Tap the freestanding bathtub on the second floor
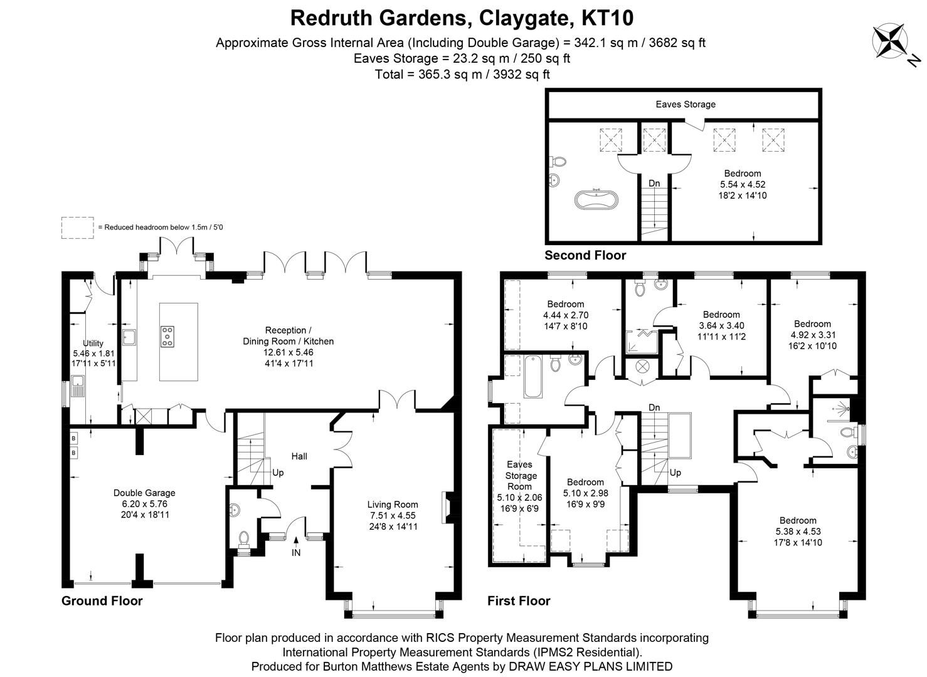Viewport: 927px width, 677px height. pyautogui.click(x=596, y=201)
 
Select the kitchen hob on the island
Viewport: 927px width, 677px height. pyautogui.click(x=167, y=337)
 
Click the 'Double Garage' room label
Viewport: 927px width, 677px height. pyautogui.click(x=144, y=493)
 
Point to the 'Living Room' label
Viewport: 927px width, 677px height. pyautogui.click(x=393, y=504)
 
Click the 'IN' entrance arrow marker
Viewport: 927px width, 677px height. pyautogui.click(x=296, y=547)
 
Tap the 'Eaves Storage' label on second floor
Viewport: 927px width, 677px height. pyautogui.click(x=686, y=104)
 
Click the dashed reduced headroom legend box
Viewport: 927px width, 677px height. pyautogui.click(x=77, y=228)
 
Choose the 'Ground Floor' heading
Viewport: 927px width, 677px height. pyautogui.click(x=102, y=601)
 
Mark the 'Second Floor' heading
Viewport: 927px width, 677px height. pyautogui.click(x=585, y=255)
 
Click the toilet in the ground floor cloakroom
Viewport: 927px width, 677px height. pyautogui.click(x=243, y=538)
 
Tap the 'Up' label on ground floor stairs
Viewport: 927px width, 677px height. pyautogui.click(x=278, y=472)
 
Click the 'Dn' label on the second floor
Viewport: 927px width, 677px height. pyautogui.click(x=654, y=184)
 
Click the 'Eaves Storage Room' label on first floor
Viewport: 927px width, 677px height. pyautogui.click(x=519, y=475)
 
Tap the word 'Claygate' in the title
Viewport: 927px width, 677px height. pyautogui.click(x=526, y=18)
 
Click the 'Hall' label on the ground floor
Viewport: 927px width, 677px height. pyautogui.click(x=299, y=456)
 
